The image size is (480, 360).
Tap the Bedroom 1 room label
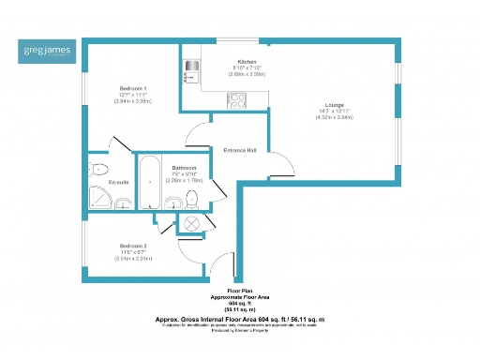(133, 88)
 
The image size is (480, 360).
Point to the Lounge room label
(334, 104)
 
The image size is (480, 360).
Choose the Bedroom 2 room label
(132, 247)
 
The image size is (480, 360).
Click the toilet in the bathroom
(193, 199)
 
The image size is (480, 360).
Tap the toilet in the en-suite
(97, 169)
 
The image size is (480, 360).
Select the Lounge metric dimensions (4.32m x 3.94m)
(334, 117)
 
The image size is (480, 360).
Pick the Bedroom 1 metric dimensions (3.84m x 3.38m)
(133, 101)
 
